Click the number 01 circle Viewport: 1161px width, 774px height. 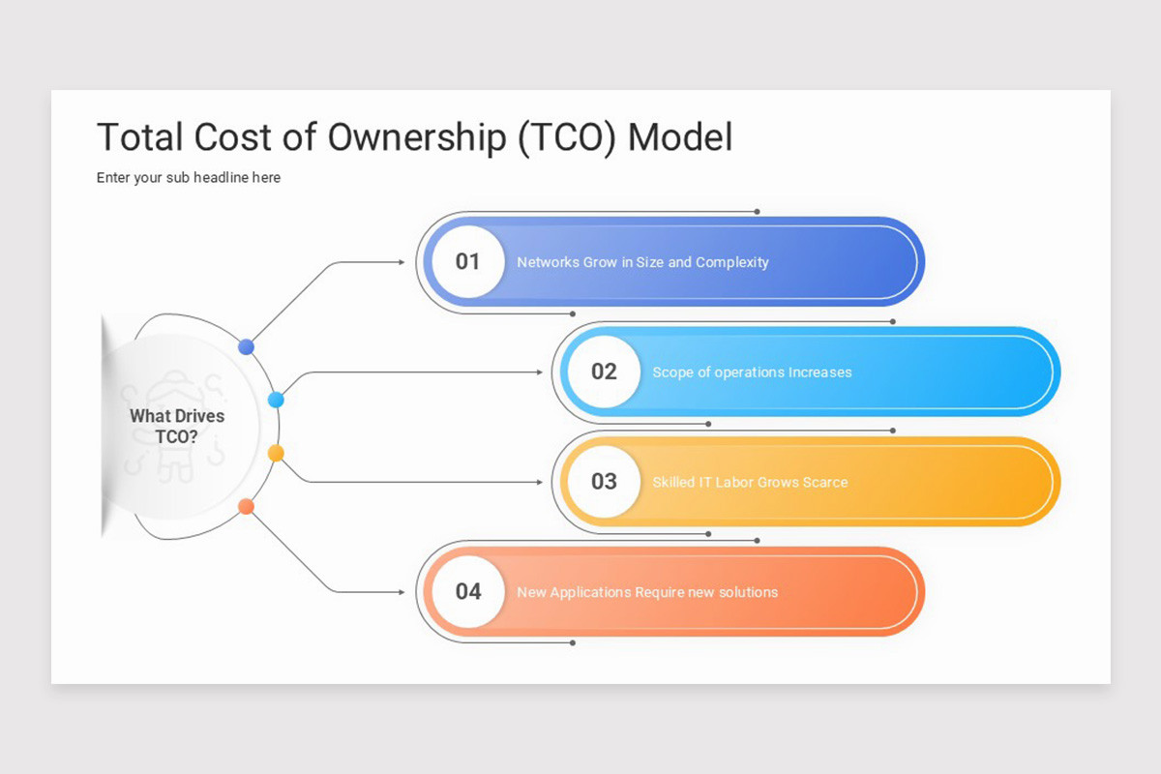[x=467, y=261]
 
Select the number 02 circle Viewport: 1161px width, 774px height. [x=604, y=372]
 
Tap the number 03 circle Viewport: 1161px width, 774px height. [x=604, y=481]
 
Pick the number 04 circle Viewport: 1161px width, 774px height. [x=467, y=591]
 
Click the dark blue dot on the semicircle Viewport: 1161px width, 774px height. [x=246, y=346]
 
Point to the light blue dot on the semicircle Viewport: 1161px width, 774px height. [x=276, y=400]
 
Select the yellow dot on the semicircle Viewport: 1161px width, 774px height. [x=276, y=453]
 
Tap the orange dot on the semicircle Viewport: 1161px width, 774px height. [x=246, y=506]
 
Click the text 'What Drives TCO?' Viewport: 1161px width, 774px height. [x=177, y=427]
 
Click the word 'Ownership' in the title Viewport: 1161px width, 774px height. [x=416, y=137]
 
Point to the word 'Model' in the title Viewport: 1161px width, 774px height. [x=680, y=137]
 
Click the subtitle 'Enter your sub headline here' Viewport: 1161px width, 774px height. [x=189, y=178]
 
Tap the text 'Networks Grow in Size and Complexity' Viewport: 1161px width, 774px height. [x=642, y=262]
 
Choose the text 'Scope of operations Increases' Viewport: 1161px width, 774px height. [x=752, y=372]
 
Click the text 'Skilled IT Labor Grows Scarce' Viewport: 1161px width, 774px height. [x=750, y=482]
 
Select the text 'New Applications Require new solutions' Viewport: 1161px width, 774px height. [x=647, y=592]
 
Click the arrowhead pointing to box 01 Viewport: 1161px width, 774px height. [x=402, y=261]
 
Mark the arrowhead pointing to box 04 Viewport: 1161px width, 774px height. [x=402, y=591]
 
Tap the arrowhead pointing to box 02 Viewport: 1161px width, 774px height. [x=538, y=372]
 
